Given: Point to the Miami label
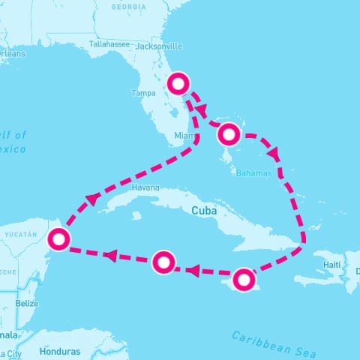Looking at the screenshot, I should pyautogui.click(x=184, y=135).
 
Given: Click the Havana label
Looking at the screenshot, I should pyautogui.click(x=145, y=187).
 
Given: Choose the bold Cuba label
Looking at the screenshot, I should pyautogui.click(x=204, y=211).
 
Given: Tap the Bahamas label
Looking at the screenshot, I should pyautogui.click(x=252, y=172).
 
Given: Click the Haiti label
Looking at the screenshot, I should pyautogui.click(x=332, y=265).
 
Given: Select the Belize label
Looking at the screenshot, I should pyautogui.click(x=27, y=303).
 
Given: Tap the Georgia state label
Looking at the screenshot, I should pyautogui.click(x=128, y=7).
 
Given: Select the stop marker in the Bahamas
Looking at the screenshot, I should pyautogui.click(x=229, y=135).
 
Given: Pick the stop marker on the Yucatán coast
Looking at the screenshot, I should pyautogui.click(x=58, y=239).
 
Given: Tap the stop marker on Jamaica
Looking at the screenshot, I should pyautogui.click(x=243, y=280).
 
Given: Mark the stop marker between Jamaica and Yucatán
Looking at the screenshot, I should pyautogui.click(x=163, y=262).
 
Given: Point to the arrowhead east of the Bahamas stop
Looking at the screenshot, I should pyautogui.click(x=274, y=153).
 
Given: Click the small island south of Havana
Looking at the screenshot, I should pyautogui.click(x=136, y=216).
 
